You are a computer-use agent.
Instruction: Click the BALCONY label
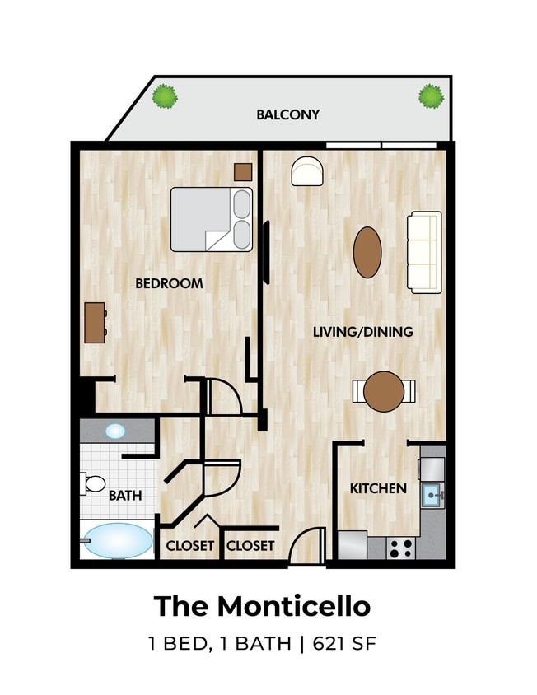point(287,114)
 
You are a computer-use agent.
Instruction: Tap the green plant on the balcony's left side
point(166,96)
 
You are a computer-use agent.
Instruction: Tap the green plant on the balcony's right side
point(430,96)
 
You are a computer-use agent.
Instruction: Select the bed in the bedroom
point(211,219)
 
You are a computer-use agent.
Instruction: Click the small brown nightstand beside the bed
point(243,171)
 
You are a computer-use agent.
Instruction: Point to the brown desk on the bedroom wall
point(95,323)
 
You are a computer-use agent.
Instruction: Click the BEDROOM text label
point(169,283)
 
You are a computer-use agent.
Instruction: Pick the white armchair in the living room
point(307,171)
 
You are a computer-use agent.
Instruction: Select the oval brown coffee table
point(367,252)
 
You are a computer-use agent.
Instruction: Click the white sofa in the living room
point(424,251)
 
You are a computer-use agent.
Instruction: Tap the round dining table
point(384,391)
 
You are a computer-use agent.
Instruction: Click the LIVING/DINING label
point(362,332)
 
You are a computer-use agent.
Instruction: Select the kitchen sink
point(432,496)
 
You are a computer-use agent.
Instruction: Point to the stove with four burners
point(400,548)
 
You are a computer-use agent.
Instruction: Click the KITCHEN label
point(378,488)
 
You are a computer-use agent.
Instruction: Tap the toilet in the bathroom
point(93,483)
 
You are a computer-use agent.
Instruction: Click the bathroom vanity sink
point(116,431)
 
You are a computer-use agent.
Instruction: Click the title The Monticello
point(262,607)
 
